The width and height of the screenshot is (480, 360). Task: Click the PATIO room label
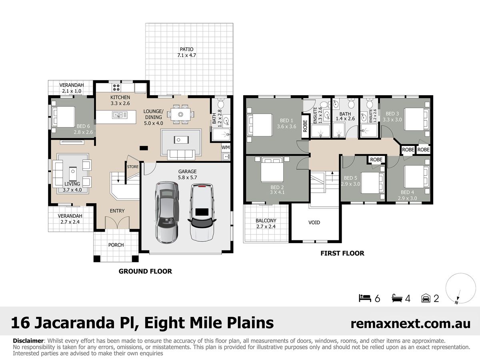point(186,49)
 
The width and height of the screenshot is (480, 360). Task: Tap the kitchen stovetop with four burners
point(116,88)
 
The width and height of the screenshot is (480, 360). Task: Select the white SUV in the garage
point(202,212)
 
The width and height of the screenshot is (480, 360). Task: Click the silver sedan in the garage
point(167,212)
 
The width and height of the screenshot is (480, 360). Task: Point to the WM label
point(226,147)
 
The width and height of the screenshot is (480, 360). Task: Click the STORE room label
point(133,167)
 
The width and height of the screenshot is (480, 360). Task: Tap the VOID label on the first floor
point(314,222)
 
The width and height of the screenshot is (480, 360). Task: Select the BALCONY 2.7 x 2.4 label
point(266,223)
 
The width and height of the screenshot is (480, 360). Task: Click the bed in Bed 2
point(272,169)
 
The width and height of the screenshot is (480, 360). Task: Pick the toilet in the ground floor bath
point(220,103)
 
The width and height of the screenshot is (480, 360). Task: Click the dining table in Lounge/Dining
point(181,114)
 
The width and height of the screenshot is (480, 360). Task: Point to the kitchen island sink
point(120,114)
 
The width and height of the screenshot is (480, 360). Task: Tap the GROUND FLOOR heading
point(145,271)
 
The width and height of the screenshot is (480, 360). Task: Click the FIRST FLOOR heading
point(342,253)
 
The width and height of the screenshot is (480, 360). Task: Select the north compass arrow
point(458,297)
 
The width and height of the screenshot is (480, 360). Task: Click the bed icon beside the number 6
point(365,298)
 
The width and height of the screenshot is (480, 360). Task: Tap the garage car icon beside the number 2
point(426,298)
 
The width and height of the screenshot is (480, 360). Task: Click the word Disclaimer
point(28,341)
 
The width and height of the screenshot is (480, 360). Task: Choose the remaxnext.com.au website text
point(410,324)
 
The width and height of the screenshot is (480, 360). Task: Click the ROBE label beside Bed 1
point(305,126)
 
